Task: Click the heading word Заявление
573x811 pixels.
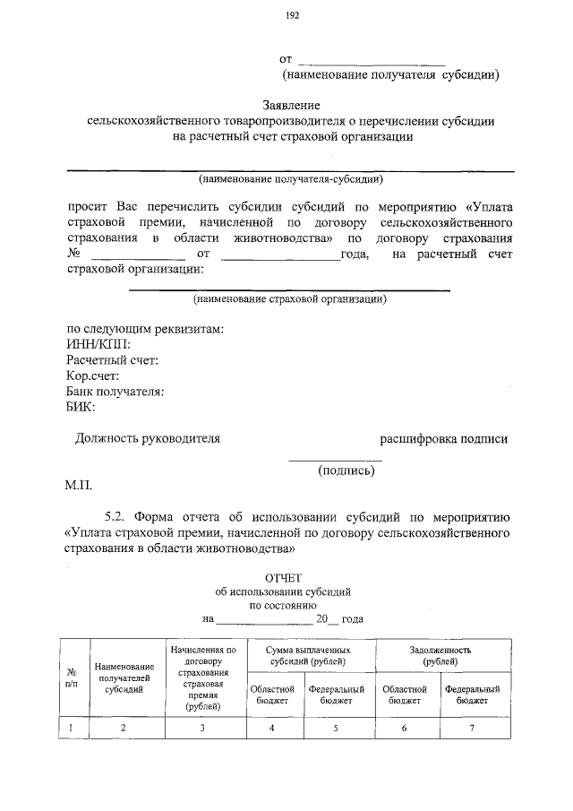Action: pyautogui.click(x=291, y=105)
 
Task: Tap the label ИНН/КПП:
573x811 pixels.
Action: pyautogui.click(x=98, y=344)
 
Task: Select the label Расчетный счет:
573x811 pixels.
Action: pyautogui.click(x=112, y=360)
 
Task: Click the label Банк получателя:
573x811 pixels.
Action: pyautogui.click(x=115, y=392)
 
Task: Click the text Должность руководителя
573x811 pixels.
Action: pyautogui.click(x=147, y=439)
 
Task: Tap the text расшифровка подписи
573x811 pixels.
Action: pyautogui.click(x=443, y=439)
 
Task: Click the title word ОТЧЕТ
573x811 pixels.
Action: pyautogui.click(x=288, y=578)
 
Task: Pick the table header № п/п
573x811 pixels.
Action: pyautogui.click(x=72, y=677)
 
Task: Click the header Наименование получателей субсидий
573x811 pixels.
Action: pyautogui.click(x=124, y=678)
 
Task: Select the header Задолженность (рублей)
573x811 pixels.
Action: pyautogui.click(x=440, y=655)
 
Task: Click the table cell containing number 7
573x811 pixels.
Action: pyautogui.click(x=472, y=728)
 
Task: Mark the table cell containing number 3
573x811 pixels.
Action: pyautogui.click(x=203, y=728)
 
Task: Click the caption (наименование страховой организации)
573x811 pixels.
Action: pyautogui.click(x=289, y=299)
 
